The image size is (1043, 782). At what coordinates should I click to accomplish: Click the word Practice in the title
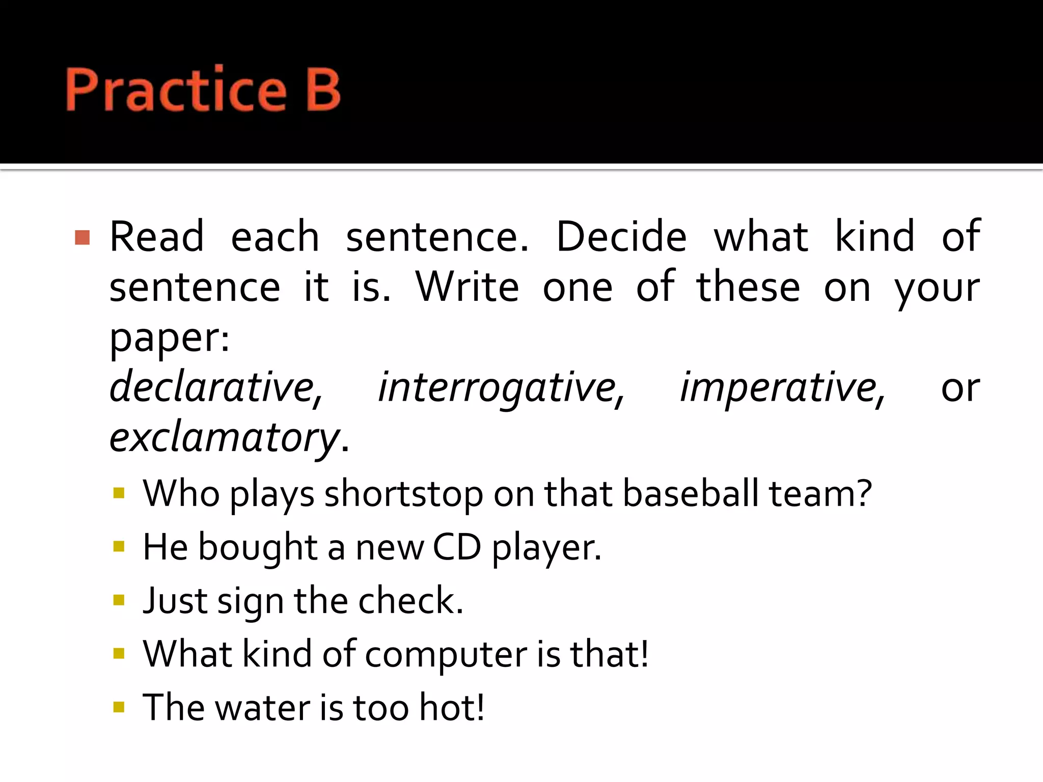click(x=176, y=90)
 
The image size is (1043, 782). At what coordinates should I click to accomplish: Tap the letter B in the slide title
click(x=323, y=90)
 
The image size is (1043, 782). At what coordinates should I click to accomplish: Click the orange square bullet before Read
click(x=82, y=237)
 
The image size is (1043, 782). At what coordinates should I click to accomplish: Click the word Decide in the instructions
click(x=621, y=237)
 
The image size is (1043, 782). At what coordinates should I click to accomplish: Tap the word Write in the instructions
click(x=467, y=287)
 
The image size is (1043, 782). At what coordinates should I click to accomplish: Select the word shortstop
click(x=403, y=494)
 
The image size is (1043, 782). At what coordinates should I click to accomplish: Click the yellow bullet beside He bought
click(x=119, y=547)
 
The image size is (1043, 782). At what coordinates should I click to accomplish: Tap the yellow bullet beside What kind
click(x=119, y=654)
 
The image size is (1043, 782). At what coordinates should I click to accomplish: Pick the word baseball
click(x=691, y=494)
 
